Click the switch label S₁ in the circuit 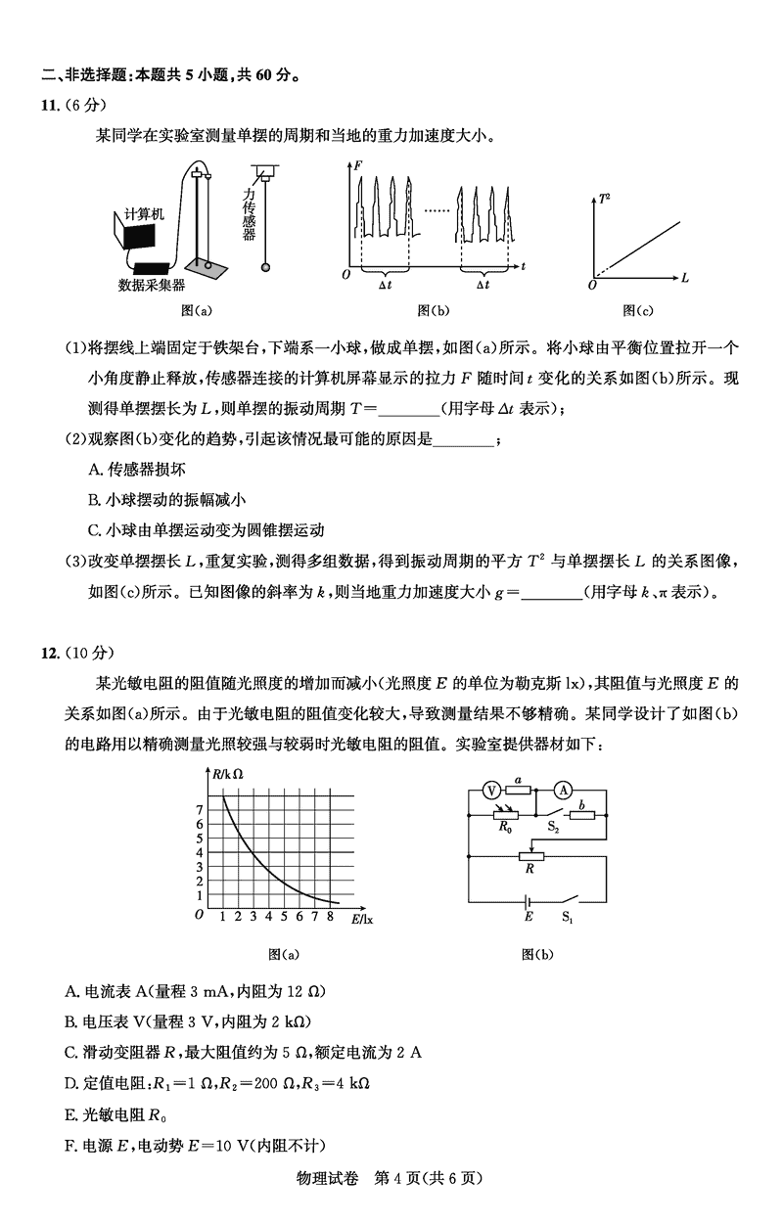click(x=567, y=918)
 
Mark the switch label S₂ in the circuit click(x=553, y=828)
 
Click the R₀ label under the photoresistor click(x=505, y=828)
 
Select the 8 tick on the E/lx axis click(x=330, y=917)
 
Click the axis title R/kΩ click(x=227, y=775)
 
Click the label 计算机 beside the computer click(x=144, y=213)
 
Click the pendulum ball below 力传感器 click(x=264, y=267)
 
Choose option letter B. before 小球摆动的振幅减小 click(x=95, y=500)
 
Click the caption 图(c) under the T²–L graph click(x=638, y=311)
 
